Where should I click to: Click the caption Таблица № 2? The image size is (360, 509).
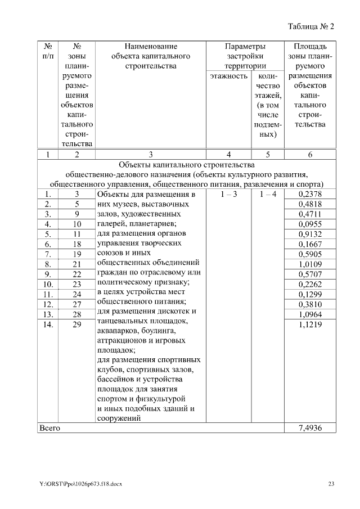[311, 26]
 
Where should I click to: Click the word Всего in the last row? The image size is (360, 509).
[49, 428]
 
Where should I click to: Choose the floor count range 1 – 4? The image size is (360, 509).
[267, 194]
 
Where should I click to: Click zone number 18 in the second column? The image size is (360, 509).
[77, 244]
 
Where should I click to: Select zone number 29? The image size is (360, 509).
[77, 325]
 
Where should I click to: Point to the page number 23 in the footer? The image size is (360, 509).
[331, 484]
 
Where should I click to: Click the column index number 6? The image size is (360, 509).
[310, 154]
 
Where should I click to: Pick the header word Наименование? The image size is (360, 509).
[151, 46]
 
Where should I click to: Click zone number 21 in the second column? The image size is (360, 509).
[77, 264]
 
